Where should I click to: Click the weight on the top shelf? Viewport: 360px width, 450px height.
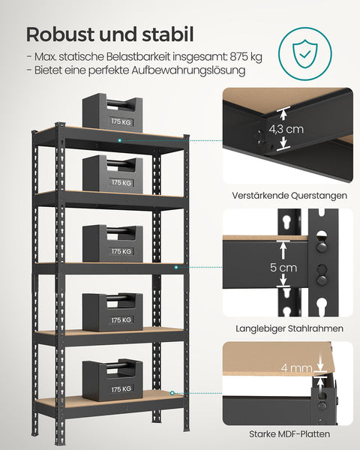[112, 112]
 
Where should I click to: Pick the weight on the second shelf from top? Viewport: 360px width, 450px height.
[112, 174]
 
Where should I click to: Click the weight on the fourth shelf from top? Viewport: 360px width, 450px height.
[112, 312]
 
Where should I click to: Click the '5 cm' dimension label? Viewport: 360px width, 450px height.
[283, 267]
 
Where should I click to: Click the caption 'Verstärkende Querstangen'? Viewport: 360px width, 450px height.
[288, 196]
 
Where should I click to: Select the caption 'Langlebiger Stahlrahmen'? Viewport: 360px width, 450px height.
[288, 328]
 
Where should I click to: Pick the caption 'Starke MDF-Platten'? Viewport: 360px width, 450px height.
[288, 433]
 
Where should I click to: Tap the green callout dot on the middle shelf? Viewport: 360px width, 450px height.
[176, 266]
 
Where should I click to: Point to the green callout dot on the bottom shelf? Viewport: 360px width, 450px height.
[172, 392]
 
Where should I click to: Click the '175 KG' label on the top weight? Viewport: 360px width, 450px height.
[121, 121]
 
